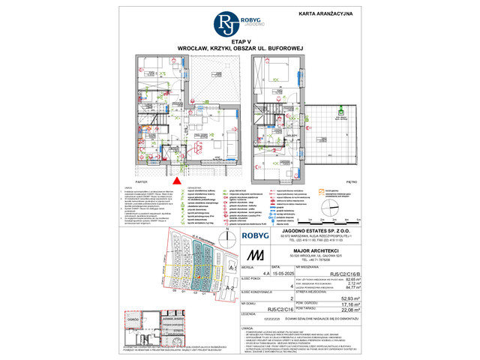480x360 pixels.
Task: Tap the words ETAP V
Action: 241,43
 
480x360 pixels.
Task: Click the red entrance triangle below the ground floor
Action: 176,179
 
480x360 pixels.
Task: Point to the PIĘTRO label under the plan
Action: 352,181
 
